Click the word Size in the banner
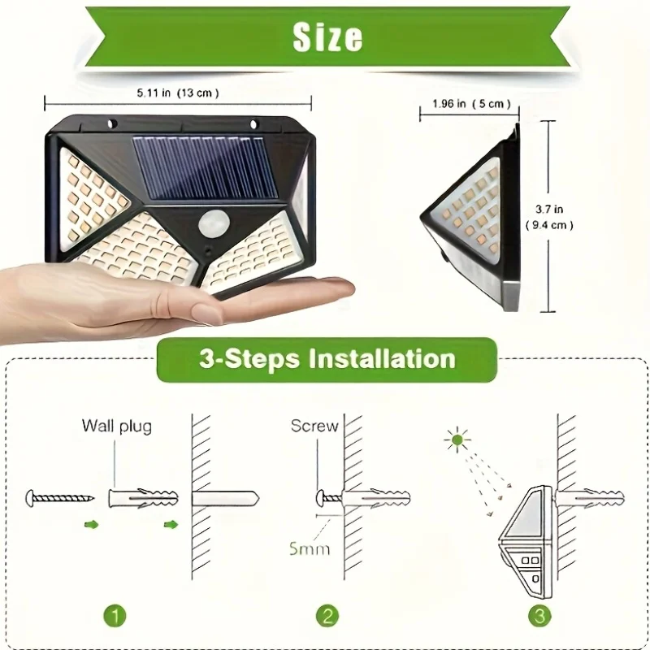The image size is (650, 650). coord(327,37)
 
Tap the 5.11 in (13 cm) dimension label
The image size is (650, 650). coord(178,93)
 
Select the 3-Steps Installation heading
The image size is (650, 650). coord(327,359)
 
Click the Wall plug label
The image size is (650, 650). coord(116,426)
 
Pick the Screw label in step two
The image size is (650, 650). coord(314,426)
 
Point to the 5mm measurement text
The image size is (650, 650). coord(309,548)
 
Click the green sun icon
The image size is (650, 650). coord(457,440)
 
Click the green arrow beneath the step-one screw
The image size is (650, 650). coord(92,525)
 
